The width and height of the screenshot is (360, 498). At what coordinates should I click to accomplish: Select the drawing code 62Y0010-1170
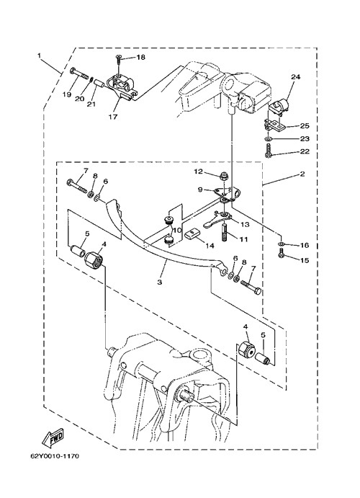[55, 456]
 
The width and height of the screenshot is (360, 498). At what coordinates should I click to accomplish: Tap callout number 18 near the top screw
[140, 57]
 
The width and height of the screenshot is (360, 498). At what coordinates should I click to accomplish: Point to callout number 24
[296, 77]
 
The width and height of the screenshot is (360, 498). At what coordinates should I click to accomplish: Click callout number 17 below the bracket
[113, 117]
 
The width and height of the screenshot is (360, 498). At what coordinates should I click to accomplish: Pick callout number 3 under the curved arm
[159, 282]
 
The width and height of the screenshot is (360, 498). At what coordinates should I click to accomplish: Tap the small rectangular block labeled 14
[192, 234]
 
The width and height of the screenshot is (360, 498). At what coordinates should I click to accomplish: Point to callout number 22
[305, 151]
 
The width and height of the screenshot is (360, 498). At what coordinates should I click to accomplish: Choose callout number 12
[199, 172]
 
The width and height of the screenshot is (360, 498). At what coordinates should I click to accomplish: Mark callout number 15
[305, 260]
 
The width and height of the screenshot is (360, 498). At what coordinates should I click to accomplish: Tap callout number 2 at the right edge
[302, 174]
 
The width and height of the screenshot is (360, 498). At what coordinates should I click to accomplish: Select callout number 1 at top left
[40, 55]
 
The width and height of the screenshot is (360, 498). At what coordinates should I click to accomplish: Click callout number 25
[305, 126]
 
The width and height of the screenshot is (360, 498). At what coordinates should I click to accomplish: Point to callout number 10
[177, 229]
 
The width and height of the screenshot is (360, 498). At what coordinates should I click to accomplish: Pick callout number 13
[245, 225]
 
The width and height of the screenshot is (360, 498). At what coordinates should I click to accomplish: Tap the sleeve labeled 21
[99, 86]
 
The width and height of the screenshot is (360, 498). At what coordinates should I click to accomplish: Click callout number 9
[200, 190]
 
